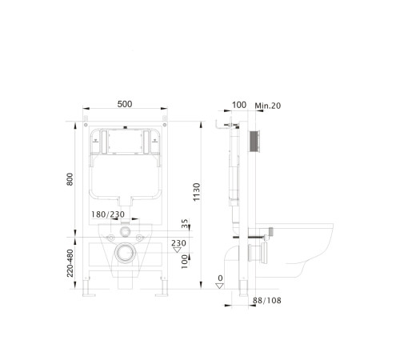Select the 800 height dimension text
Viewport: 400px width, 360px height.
click(70, 181)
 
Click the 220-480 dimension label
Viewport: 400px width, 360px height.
click(71, 265)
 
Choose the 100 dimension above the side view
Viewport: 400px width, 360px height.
click(239, 106)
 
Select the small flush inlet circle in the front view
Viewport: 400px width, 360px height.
click(125, 232)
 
